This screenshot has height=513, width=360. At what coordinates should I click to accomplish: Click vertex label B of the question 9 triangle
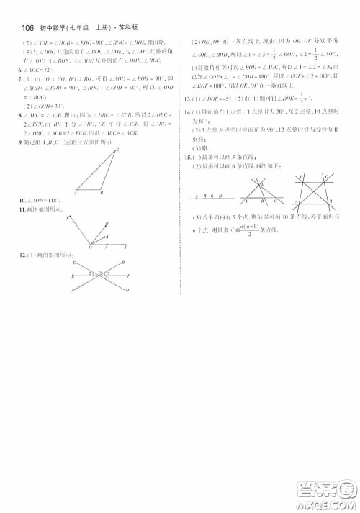pos(102,192)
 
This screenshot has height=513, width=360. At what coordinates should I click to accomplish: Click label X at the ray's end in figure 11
pos(126,246)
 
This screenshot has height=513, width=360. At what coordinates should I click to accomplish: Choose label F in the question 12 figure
pos(128,276)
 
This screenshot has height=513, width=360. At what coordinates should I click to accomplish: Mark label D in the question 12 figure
pos(127,289)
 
